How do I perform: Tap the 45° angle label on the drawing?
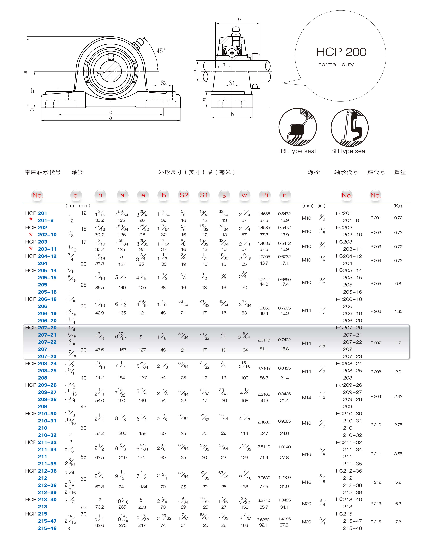coord(161,51)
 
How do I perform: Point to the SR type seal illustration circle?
coord(350,128)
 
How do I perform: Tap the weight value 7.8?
coord(398,522)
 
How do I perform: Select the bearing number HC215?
coord(344,514)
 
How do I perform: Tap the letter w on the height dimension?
coord(26,73)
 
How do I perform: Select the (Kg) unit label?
coord(398,206)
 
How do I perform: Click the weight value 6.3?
coord(398,504)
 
